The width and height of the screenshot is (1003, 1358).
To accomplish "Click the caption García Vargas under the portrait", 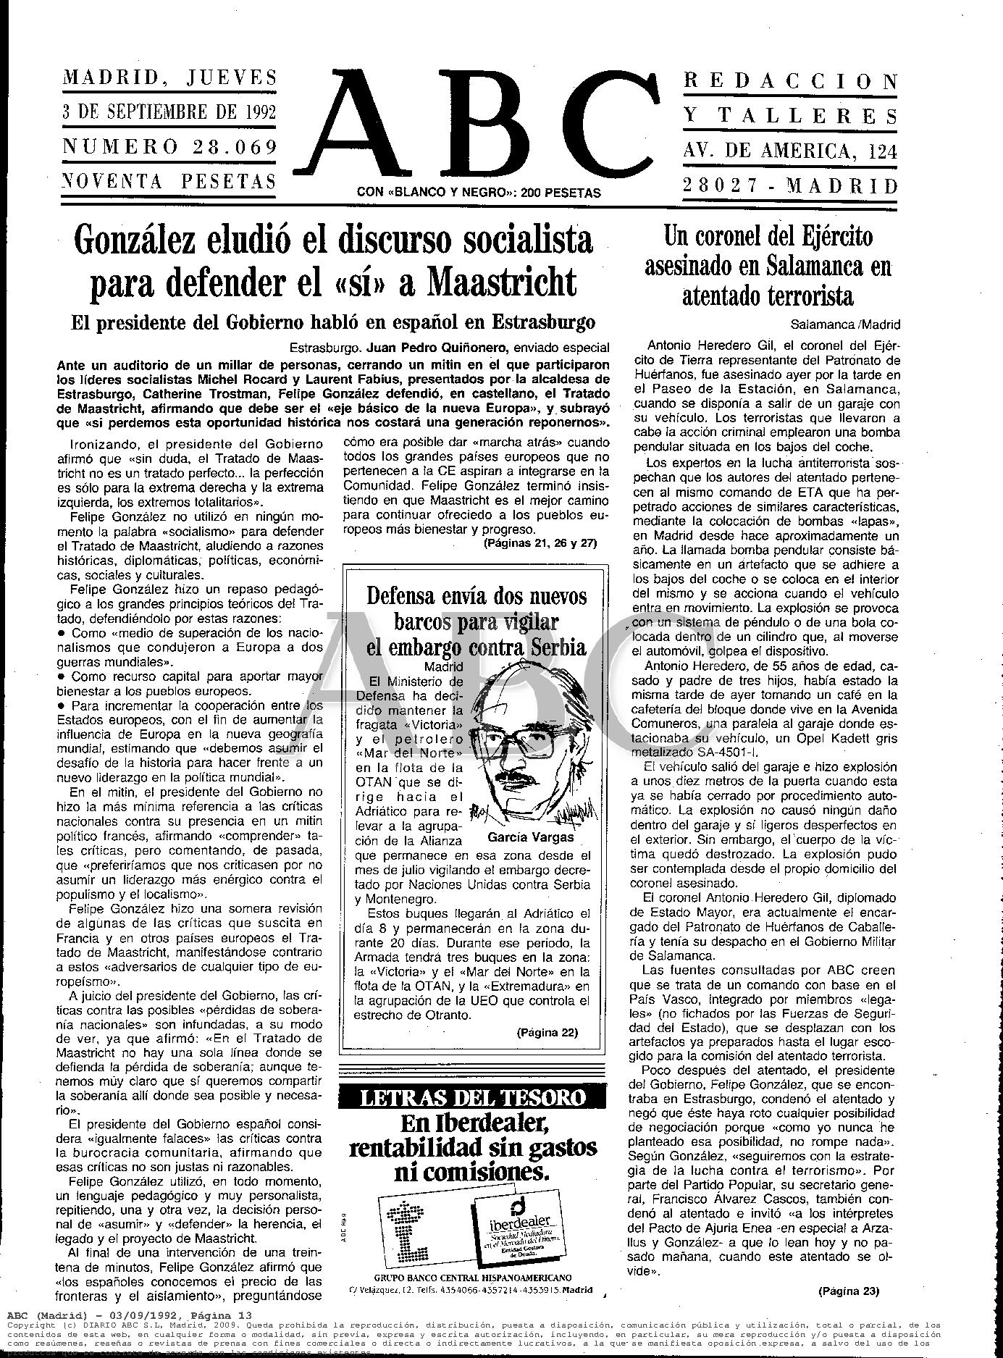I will [x=531, y=837].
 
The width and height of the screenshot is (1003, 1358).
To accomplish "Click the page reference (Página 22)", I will [x=547, y=1032].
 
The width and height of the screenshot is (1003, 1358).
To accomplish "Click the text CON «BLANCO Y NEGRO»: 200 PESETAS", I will [x=479, y=193].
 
